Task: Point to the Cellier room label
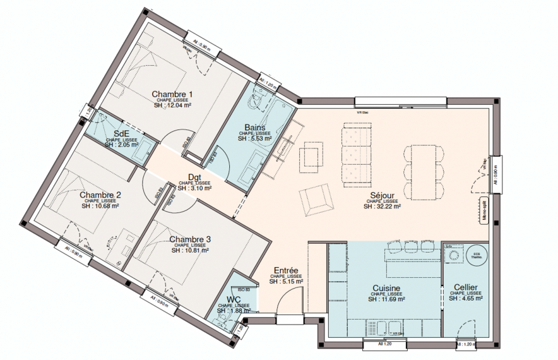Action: (465, 287)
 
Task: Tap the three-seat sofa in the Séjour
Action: (355, 155)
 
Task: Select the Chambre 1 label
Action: (172, 94)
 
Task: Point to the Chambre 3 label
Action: (190, 239)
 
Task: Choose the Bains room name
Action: (255, 128)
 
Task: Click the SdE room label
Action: (121, 133)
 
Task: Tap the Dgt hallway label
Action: (194, 177)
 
